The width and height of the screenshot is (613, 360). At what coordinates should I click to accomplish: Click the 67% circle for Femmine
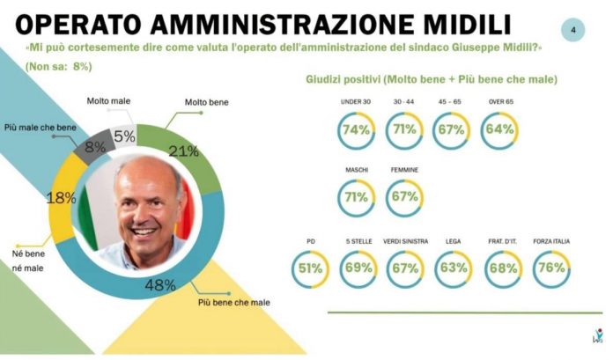pos(404,196)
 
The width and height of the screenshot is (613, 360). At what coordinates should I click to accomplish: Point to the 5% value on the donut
pos(124,136)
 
